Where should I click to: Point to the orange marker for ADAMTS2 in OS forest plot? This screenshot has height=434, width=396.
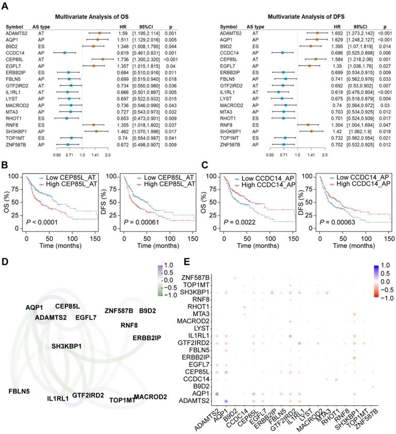pyautogui.click(x=99, y=33)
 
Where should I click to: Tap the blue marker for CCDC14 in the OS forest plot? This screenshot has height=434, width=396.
pyautogui.click(x=65, y=53)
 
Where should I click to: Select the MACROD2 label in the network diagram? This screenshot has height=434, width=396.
pyautogui.click(x=150, y=397)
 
